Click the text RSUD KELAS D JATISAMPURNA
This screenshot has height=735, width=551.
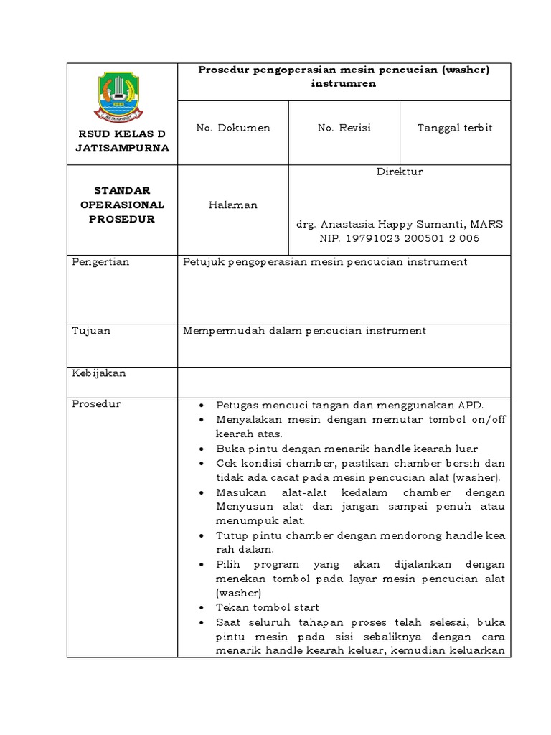[122, 141]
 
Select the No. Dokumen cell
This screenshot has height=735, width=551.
[233, 128]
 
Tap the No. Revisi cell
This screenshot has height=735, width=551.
[344, 128]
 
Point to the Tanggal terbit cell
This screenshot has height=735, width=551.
[455, 128]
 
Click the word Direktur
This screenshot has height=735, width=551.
[400, 172]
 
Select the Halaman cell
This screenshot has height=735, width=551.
[233, 205]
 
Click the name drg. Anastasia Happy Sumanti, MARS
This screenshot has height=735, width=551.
[400, 224]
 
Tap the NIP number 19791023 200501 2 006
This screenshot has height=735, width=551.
[400, 238]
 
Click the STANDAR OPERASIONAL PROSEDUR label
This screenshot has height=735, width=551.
[122, 205]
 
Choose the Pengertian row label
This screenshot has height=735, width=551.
[101, 262]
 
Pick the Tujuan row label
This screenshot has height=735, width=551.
[92, 331]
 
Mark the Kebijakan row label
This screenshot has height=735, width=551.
[99, 374]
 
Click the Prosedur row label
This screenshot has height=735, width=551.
[97, 404]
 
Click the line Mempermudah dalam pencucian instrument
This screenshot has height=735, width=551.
[305, 331]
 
